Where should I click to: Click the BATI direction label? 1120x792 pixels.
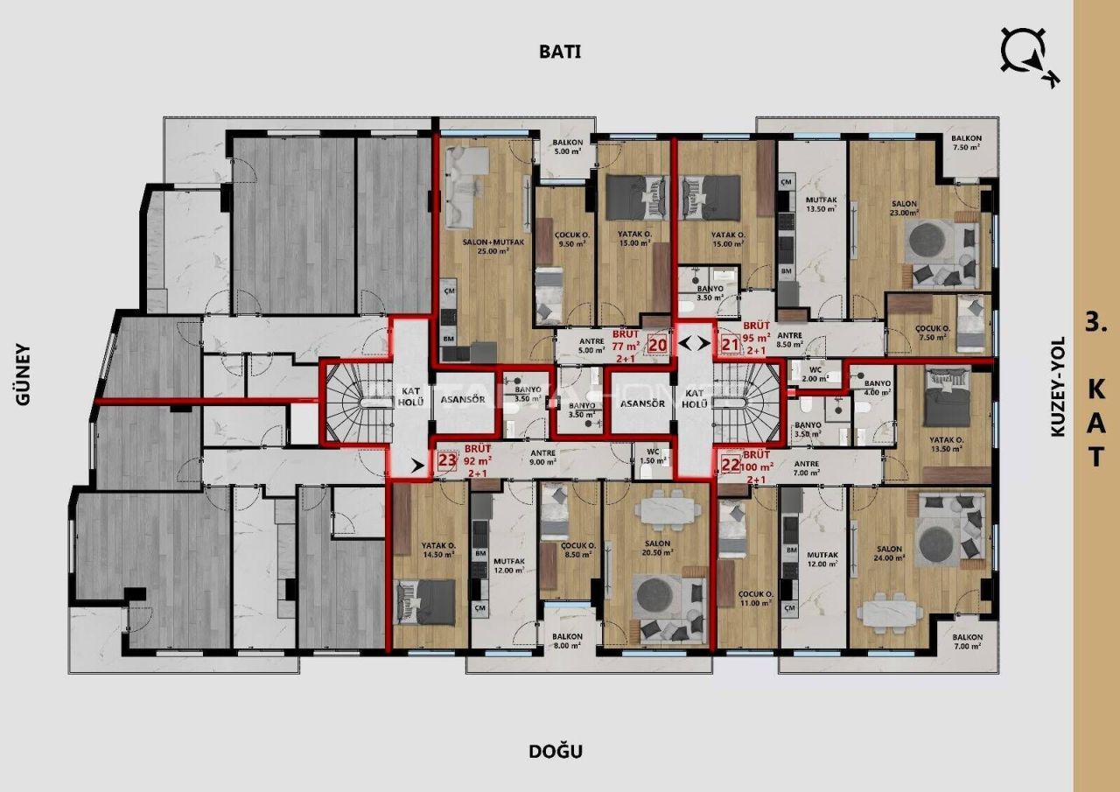pyautogui.click(x=560, y=51)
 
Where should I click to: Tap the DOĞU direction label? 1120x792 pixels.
pyautogui.click(x=556, y=751)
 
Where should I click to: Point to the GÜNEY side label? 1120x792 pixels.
pyautogui.click(x=23, y=374)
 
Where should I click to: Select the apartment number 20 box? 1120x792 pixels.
pyautogui.click(x=658, y=344)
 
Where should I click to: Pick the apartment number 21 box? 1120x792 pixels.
pyautogui.click(x=731, y=344)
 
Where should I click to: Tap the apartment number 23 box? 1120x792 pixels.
pyautogui.click(x=446, y=460)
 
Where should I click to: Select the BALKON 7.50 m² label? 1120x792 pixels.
pyautogui.click(x=967, y=143)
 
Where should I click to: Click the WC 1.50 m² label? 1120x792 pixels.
pyautogui.click(x=649, y=456)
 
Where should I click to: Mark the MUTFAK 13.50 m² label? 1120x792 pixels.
pyautogui.click(x=821, y=205)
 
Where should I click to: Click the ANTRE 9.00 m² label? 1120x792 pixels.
pyautogui.click(x=544, y=457)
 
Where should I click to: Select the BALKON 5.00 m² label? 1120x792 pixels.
pyautogui.click(x=567, y=145)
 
